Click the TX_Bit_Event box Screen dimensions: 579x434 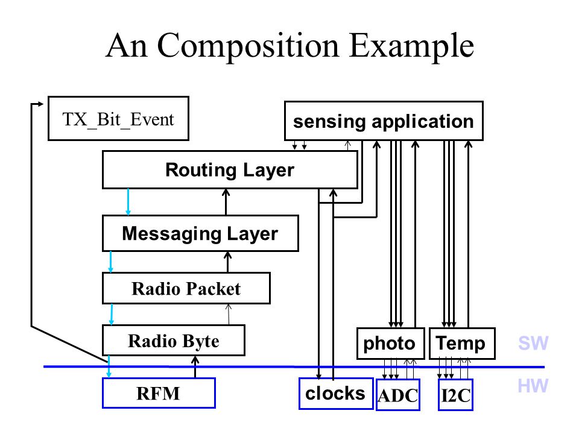119,119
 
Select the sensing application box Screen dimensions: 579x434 384,121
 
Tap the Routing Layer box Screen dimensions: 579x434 230,170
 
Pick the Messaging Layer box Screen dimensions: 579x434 200,233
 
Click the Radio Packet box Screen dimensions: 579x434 186,288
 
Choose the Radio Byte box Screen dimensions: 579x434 174,340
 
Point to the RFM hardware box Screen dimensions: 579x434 159,392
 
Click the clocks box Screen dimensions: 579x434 336,394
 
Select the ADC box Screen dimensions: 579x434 398,395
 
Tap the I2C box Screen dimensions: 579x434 456,395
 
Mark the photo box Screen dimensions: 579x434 390,344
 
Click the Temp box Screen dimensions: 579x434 462,344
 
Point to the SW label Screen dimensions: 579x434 533,343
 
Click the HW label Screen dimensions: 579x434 533,386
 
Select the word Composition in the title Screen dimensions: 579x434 248,47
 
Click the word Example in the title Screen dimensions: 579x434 411,47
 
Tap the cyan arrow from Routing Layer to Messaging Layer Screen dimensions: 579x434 128,202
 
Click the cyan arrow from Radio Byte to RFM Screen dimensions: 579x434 109,367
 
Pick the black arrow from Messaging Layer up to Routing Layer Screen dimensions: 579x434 226,202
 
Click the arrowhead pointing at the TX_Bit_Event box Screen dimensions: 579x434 41,104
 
